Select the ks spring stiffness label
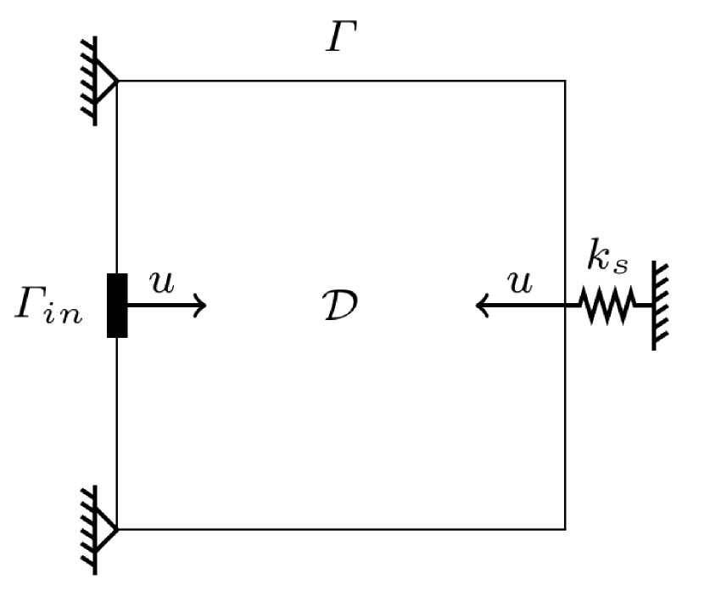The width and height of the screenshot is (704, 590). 608,259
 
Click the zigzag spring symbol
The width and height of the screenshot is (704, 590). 607,305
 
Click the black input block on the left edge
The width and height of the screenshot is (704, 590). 117,306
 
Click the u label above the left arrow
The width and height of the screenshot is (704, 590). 162,282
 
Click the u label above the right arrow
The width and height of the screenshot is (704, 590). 519,282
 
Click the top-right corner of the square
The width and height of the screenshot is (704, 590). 565,81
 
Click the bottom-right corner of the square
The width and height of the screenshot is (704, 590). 565,529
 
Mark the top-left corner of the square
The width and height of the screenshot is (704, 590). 117,81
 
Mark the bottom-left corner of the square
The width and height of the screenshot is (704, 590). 117,529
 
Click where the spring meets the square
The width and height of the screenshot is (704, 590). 566,305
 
